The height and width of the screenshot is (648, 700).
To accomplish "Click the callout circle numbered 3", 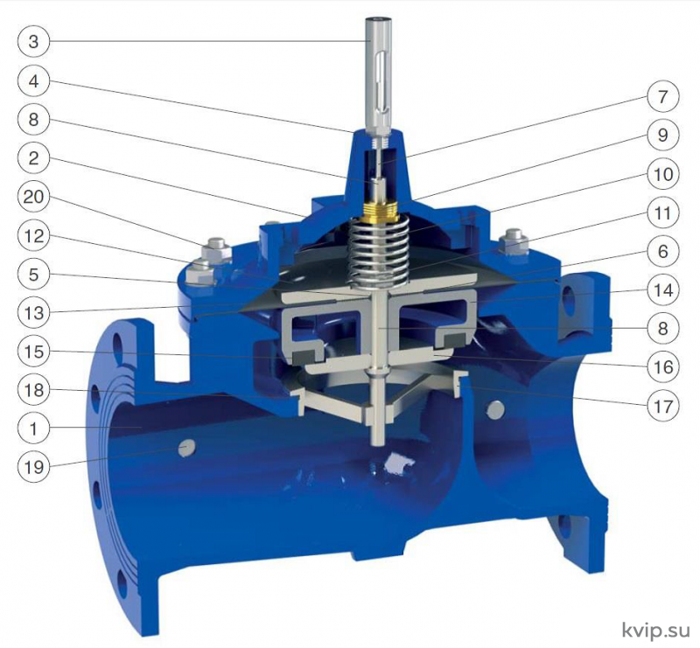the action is (x=33, y=41).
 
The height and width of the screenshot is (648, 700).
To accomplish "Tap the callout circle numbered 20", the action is (x=33, y=197).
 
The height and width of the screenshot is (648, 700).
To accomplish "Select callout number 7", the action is (x=662, y=96).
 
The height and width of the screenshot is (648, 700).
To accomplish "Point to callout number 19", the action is (x=33, y=468).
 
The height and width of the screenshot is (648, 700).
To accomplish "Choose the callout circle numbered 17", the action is (x=662, y=406).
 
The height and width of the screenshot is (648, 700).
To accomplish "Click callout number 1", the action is (x=33, y=429).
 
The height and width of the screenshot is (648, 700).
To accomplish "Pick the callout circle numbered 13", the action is (x=33, y=313).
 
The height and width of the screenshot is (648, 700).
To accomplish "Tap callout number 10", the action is (x=662, y=174).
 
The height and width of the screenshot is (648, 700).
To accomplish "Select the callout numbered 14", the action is (x=662, y=290).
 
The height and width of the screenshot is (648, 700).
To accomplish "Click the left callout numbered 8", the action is (x=33, y=119).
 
